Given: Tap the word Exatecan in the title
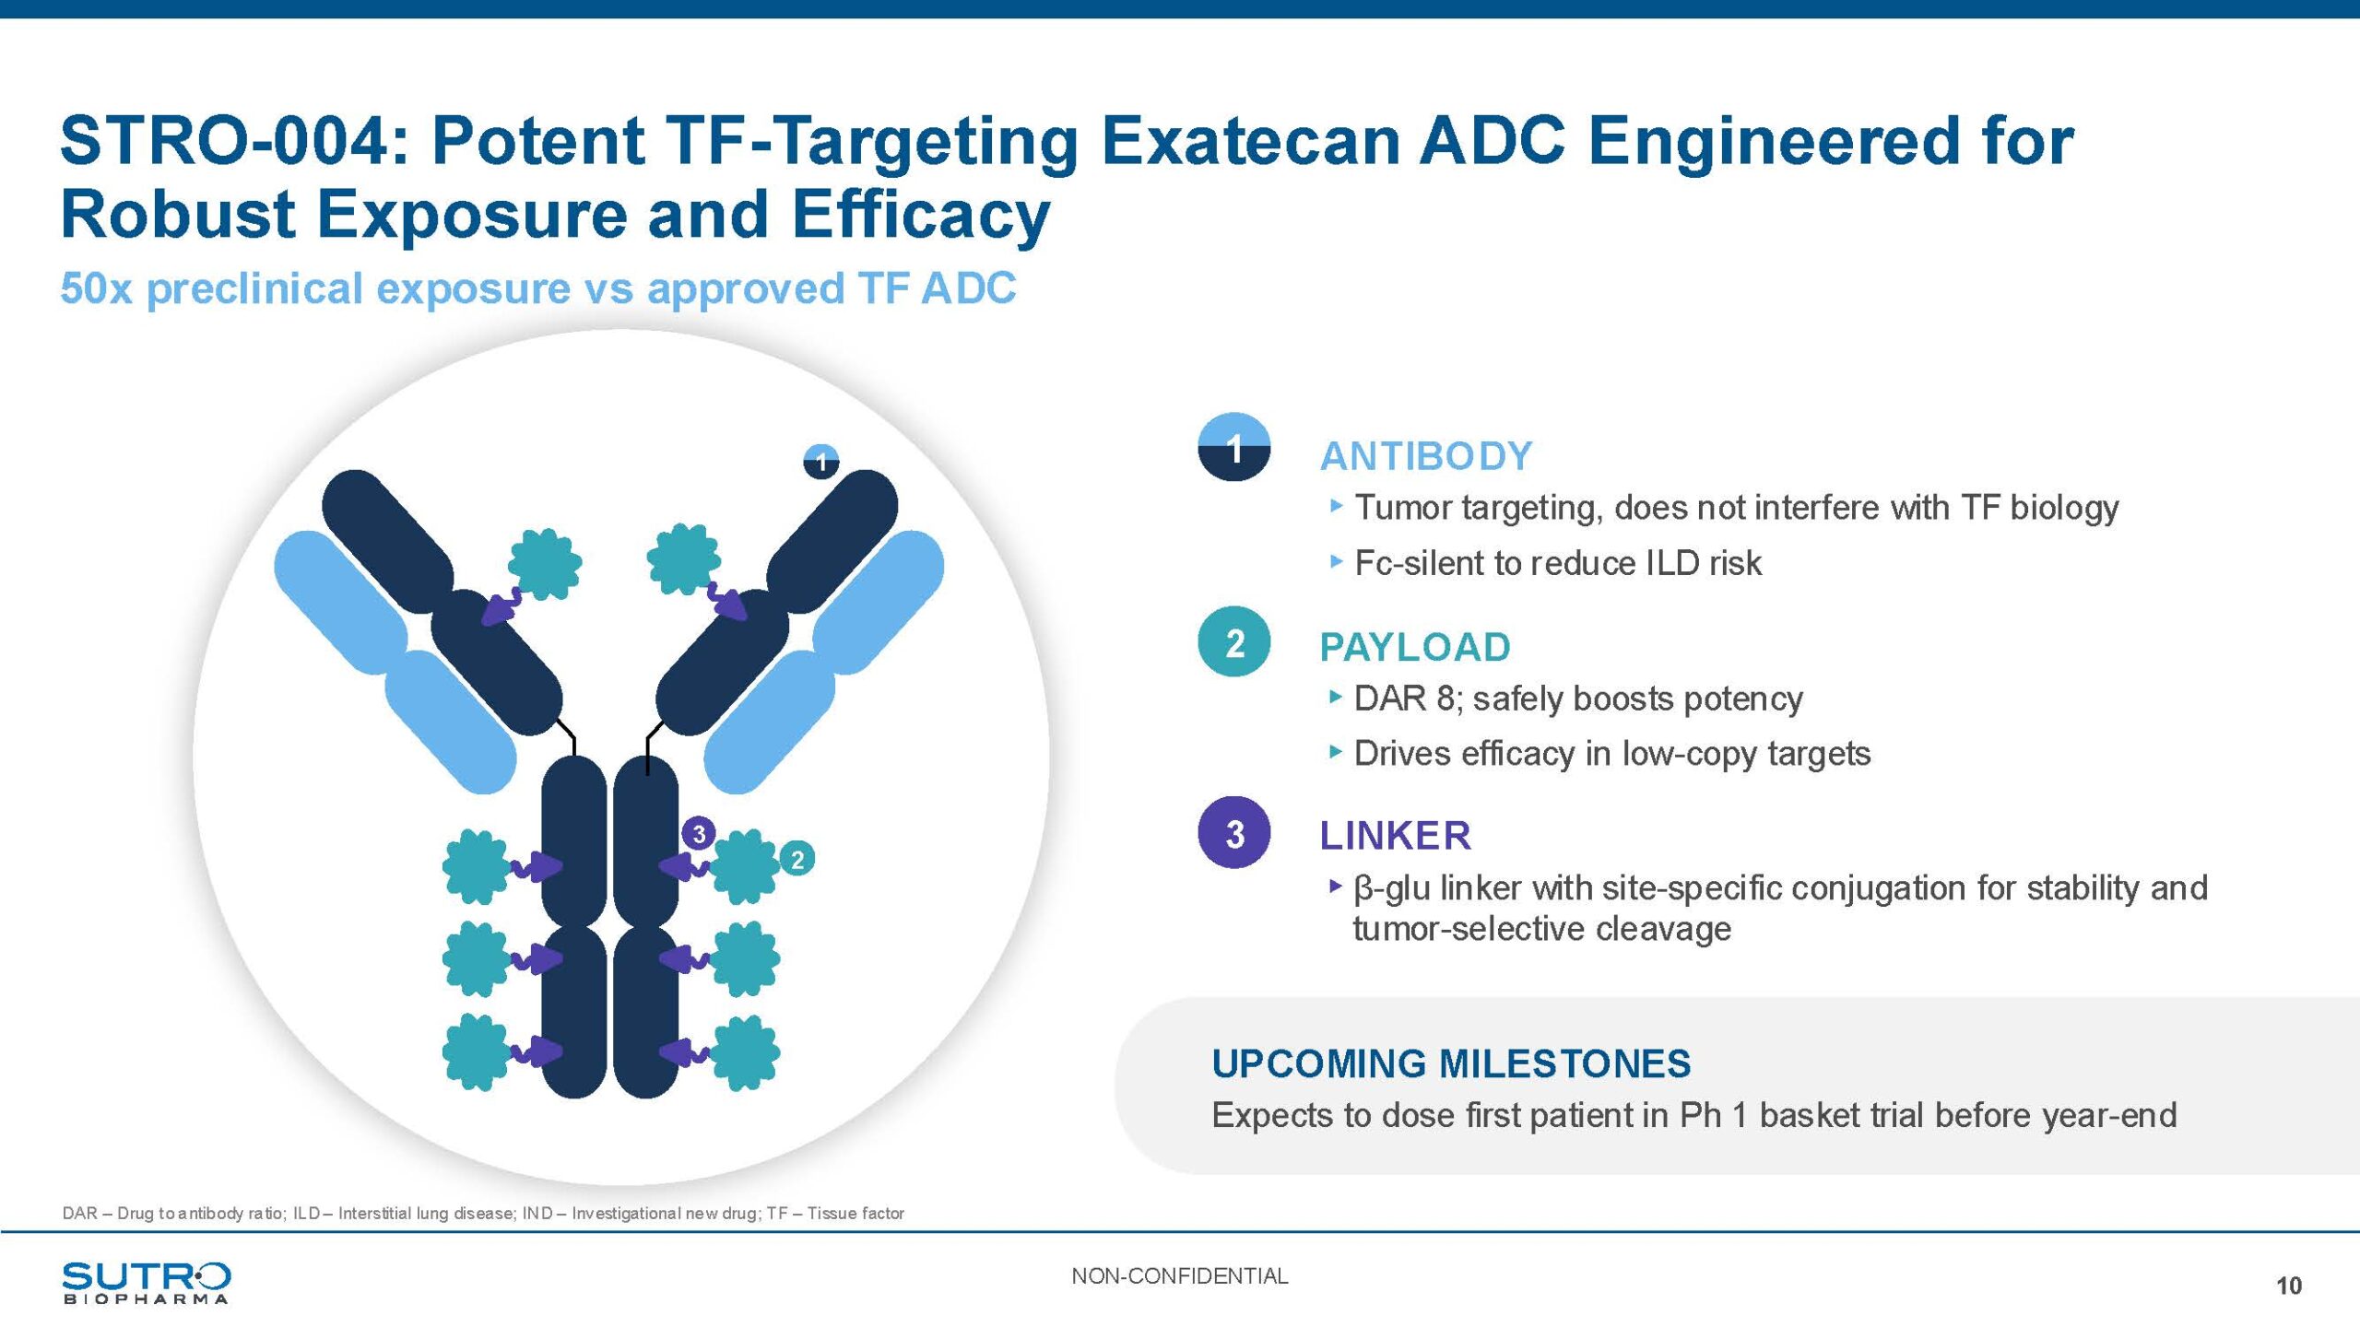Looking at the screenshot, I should (x=1250, y=142).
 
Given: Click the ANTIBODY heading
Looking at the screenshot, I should (x=1426, y=456).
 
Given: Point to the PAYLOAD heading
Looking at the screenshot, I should (x=1415, y=647).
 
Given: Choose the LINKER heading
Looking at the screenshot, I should (x=1395, y=836).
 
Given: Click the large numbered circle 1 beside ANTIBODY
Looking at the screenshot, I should (x=1233, y=448).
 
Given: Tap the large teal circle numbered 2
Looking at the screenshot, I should (x=1233, y=642).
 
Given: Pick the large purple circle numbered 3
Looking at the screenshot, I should (x=1233, y=833).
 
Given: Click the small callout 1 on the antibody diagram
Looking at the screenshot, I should (x=821, y=461).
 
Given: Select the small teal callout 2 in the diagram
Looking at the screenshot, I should (x=797, y=860).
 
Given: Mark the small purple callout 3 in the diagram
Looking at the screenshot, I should (x=699, y=834).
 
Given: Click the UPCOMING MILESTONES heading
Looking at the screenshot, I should (x=1451, y=1063).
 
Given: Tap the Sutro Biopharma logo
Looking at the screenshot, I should (x=146, y=1282).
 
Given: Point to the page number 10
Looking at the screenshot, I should (x=2288, y=1286).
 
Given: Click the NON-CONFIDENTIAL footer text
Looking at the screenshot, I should (x=1179, y=1276).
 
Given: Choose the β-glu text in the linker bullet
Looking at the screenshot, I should (x=1390, y=888).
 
